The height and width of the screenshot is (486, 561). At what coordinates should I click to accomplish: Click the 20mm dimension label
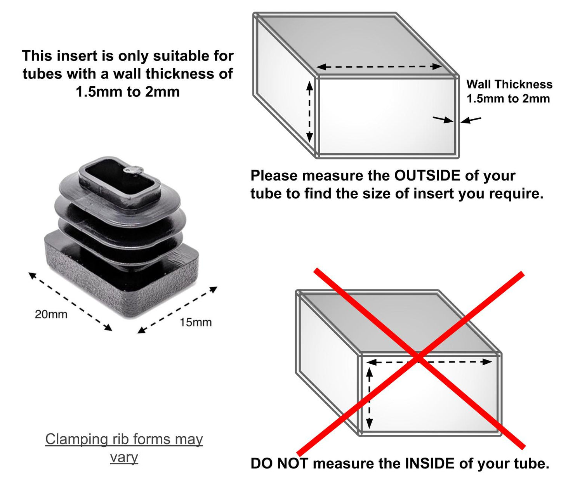pos(51,314)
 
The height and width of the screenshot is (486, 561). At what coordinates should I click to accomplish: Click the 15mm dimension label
pos(195,322)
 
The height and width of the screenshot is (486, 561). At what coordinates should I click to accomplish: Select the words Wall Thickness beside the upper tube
pos(509,84)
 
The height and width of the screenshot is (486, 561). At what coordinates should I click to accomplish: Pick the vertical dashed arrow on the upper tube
pos(309,111)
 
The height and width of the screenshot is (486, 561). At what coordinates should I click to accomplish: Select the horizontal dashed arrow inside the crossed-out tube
pos(429,362)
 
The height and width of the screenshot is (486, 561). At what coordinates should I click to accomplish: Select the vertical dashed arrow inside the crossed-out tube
pos(370,398)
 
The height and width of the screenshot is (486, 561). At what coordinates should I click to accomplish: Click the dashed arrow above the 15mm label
pos(177,310)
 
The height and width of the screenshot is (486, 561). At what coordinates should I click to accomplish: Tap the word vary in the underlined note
pos(124,457)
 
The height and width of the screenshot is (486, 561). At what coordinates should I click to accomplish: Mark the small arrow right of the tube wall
pos(471,120)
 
